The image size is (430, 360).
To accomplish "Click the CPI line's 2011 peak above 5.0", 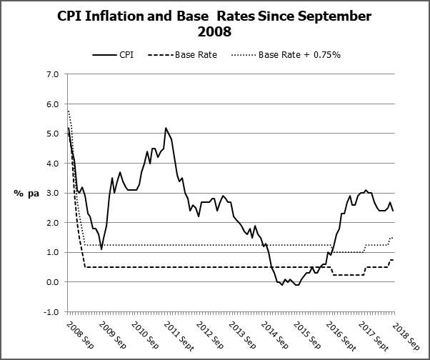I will coord(166,128).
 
